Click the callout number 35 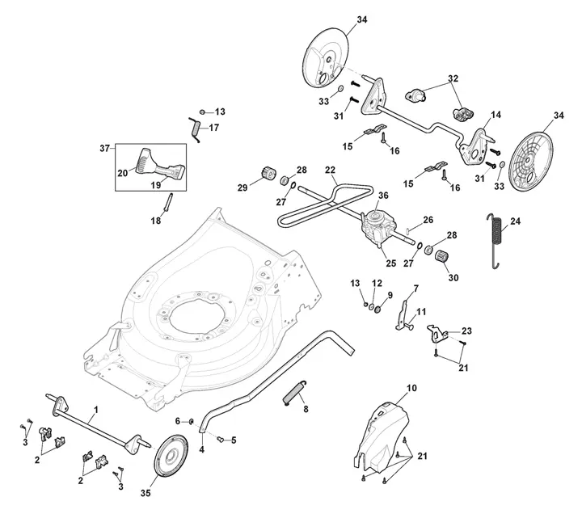pyautogui.click(x=145, y=493)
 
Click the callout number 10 pyautogui.click(x=411, y=388)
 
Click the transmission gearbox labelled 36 pyautogui.click(x=377, y=226)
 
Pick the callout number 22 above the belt pyautogui.click(x=330, y=170)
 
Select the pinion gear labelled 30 pyautogui.click(x=442, y=256)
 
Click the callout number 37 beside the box pyautogui.click(x=104, y=149)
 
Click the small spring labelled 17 pyautogui.click(x=196, y=129)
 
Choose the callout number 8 pyautogui.click(x=306, y=409)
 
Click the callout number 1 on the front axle pyautogui.click(x=96, y=410)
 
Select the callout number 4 pyautogui.click(x=202, y=449)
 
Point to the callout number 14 pyautogui.click(x=496, y=115)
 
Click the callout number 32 pyautogui.click(x=453, y=78)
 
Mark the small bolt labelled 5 pyautogui.click(x=220, y=440)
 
